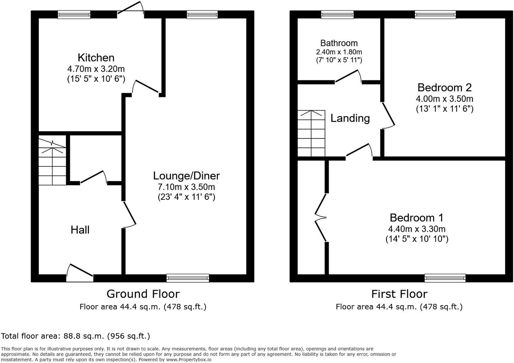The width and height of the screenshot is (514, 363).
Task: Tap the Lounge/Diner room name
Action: [x=186, y=176]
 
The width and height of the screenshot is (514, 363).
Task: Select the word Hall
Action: [x=80, y=230]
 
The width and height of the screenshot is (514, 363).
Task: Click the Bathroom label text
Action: [x=339, y=43]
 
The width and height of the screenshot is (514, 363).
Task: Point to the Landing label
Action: [x=350, y=118]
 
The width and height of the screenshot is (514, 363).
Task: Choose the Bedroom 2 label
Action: [x=444, y=87]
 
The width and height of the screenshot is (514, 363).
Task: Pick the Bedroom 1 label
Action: [x=416, y=217]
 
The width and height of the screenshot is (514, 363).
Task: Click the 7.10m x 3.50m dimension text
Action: [x=186, y=187]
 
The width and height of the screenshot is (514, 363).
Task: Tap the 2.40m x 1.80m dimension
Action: [x=339, y=52]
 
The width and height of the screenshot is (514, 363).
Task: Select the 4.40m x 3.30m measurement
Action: [x=417, y=229]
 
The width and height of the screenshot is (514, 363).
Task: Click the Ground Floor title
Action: [x=143, y=294]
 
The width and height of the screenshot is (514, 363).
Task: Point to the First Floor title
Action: [x=399, y=294]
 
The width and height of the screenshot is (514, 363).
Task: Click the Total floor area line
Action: [x=75, y=336]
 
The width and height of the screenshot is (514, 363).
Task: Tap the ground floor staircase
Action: [x=52, y=161]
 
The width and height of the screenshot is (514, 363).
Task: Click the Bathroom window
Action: [x=337, y=14]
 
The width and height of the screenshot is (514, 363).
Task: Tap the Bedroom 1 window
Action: [x=445, y=278]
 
